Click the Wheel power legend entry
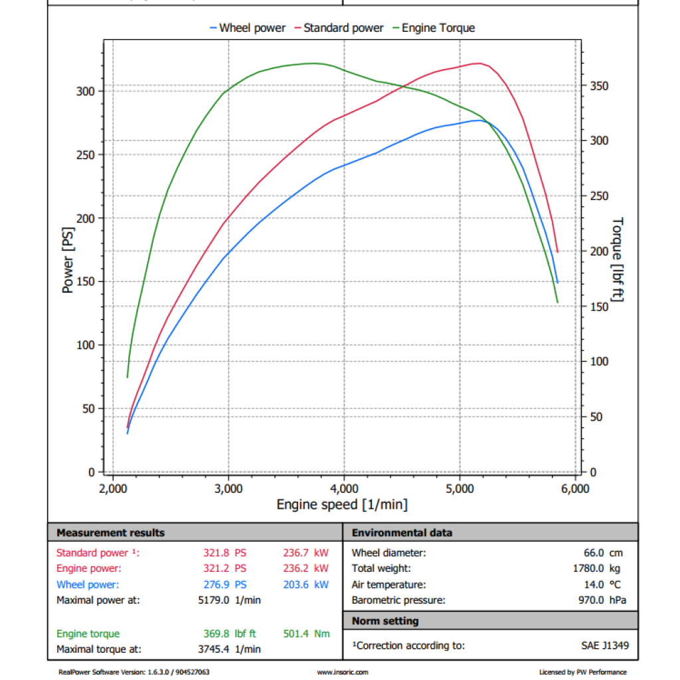point(247,28)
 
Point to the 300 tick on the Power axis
point(87,91)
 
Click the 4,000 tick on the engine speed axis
point(343,489)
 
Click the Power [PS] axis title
point(68,261)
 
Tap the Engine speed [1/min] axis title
point(342,505)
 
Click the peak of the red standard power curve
point(477,63)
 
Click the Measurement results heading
point(110,533)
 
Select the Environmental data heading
point(402,533)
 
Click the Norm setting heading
point(385,621)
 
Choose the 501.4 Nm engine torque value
point(306,634)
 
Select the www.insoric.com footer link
point(342,672)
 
